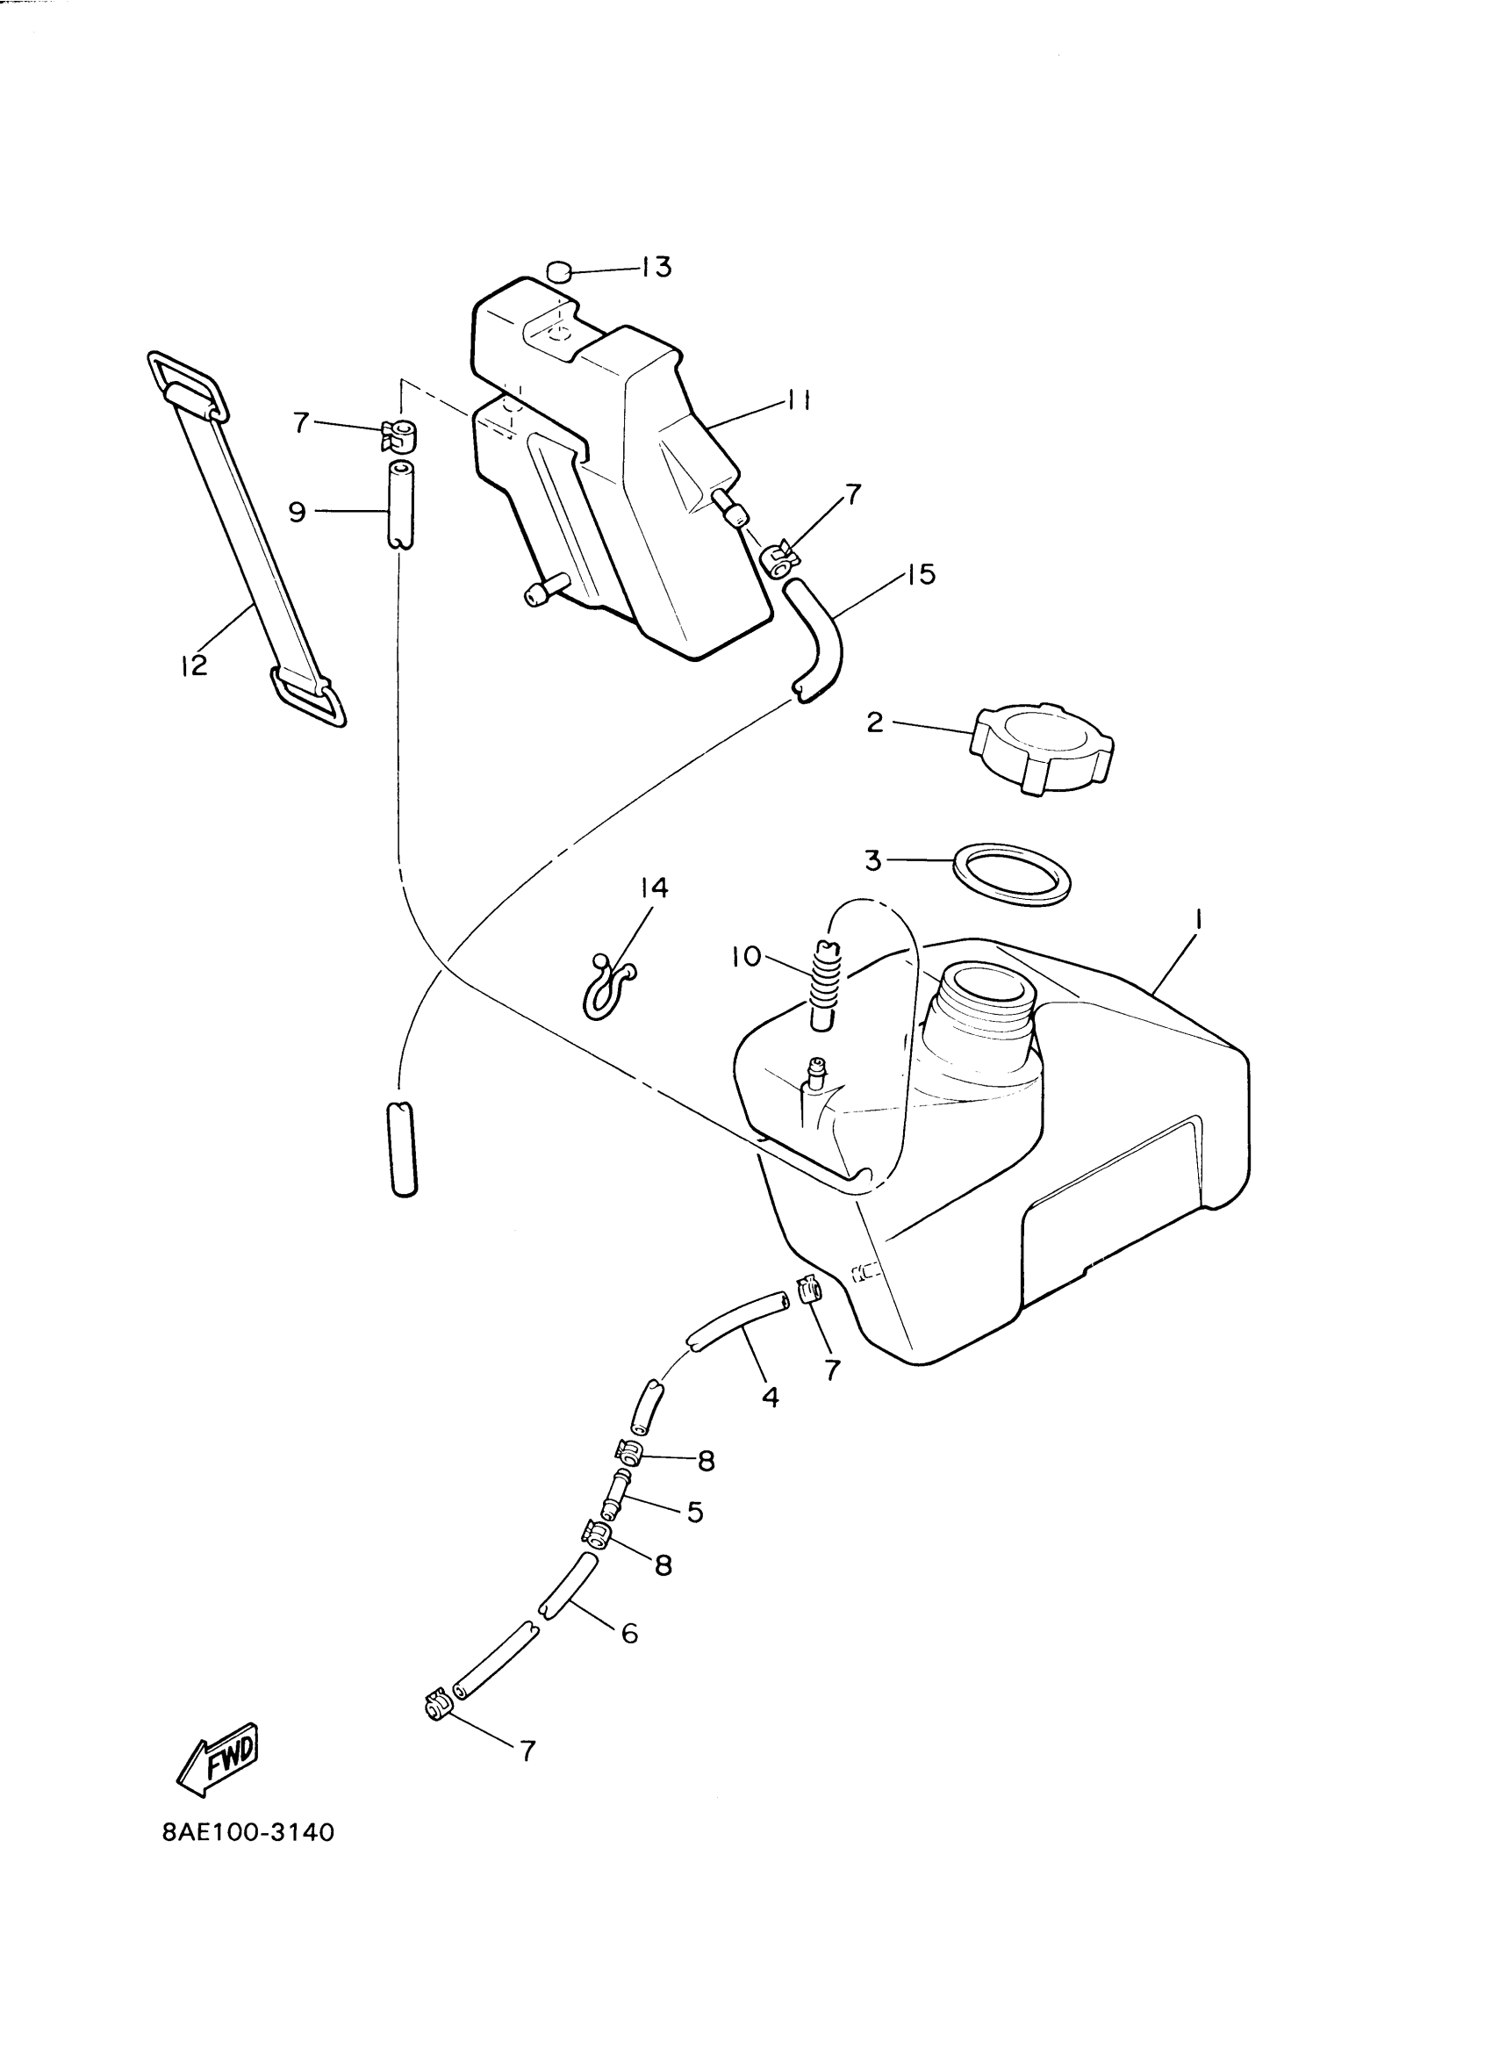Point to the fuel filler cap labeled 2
(x=1042, y=749)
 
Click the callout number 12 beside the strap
(x=194, y=665)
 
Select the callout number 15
(x=920, y=574)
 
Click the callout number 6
(x=629, y=1633)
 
